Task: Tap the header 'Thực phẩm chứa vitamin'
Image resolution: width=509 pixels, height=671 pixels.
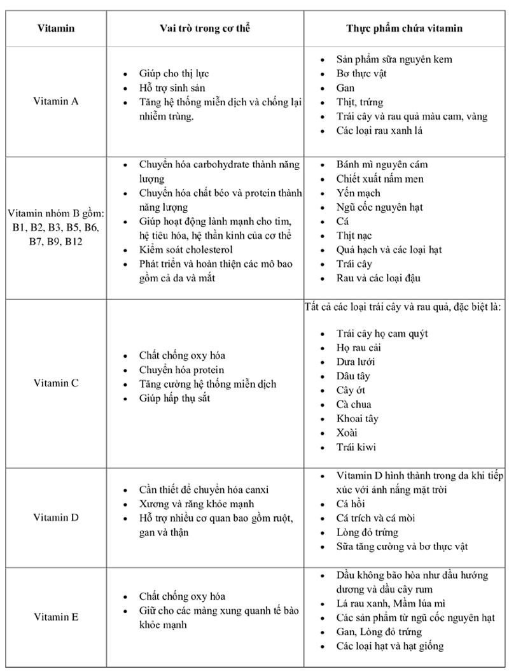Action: click(x=404, y=28)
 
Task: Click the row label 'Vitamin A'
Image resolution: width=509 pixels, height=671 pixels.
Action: click(x=56, y=101)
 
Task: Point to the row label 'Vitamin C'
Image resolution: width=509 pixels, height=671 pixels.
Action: click(x=56, y=383)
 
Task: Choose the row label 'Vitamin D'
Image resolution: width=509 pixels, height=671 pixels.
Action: click(x=56, y=518)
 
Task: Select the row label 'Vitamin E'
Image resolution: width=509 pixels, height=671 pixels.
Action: click(x=56, y=617)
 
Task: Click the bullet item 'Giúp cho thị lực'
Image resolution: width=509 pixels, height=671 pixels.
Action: click(x=175, y=74)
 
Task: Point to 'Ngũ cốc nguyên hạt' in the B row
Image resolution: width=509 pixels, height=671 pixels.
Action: click(x=380, y=207)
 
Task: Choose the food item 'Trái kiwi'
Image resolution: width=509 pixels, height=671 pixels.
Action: click(x=356, y=446)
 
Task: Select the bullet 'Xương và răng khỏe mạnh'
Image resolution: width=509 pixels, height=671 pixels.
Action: click(x=194, y=504)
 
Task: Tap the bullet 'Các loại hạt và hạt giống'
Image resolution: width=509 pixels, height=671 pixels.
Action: click(x=390, y=646)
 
